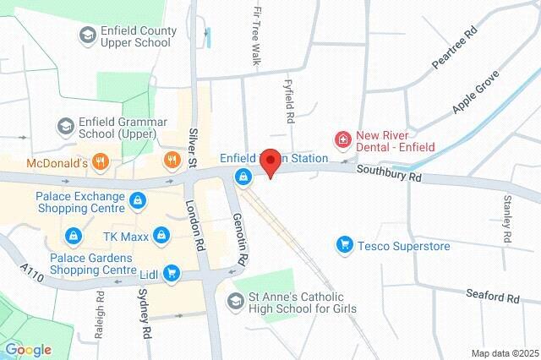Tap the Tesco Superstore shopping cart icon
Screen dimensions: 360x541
point(344,246)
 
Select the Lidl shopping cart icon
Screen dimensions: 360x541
point(172,272)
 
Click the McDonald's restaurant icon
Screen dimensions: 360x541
point(100,161)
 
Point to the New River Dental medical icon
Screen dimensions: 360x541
point(342,139)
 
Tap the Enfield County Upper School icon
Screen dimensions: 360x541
point(87,35)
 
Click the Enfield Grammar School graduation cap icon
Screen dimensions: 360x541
point(64,126)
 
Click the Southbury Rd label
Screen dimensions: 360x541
point(389,174)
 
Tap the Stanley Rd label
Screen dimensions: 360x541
point(507,218)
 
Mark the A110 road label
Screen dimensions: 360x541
point(32,270)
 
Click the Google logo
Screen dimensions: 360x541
point(27,350)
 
